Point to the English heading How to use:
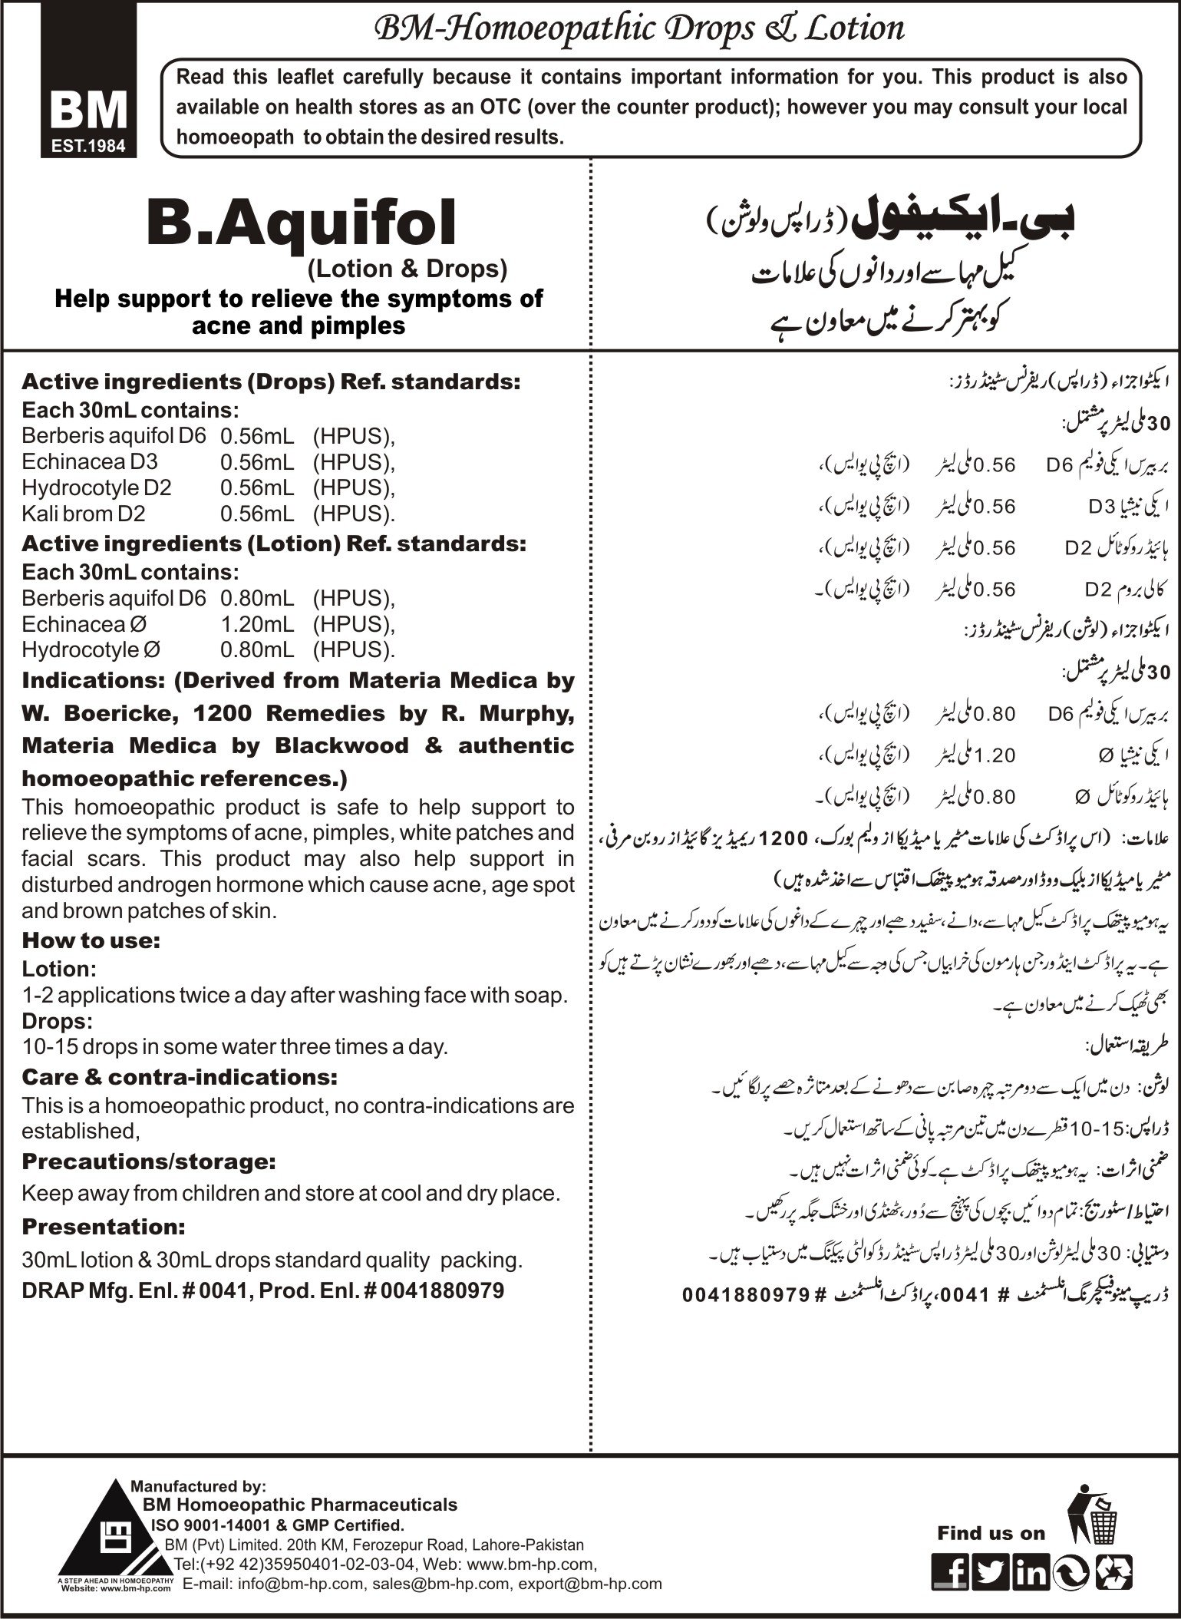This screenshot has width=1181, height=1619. (x=91, y=940)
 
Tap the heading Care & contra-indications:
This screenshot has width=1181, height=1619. (x=180, y=1077)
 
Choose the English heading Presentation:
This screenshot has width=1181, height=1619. (x=104, y=1227)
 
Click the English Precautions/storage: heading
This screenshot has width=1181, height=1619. (x=149, y=1162)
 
